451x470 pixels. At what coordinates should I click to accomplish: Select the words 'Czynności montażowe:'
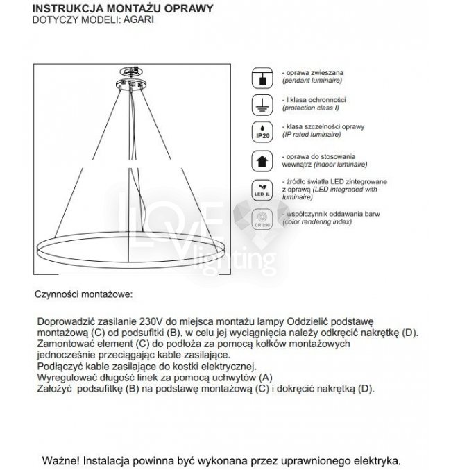[82, 294]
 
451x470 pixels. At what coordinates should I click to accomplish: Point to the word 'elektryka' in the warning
[375, 460]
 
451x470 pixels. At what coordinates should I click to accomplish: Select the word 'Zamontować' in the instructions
[63, 344]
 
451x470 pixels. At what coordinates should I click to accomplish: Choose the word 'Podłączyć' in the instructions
[58, 366]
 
